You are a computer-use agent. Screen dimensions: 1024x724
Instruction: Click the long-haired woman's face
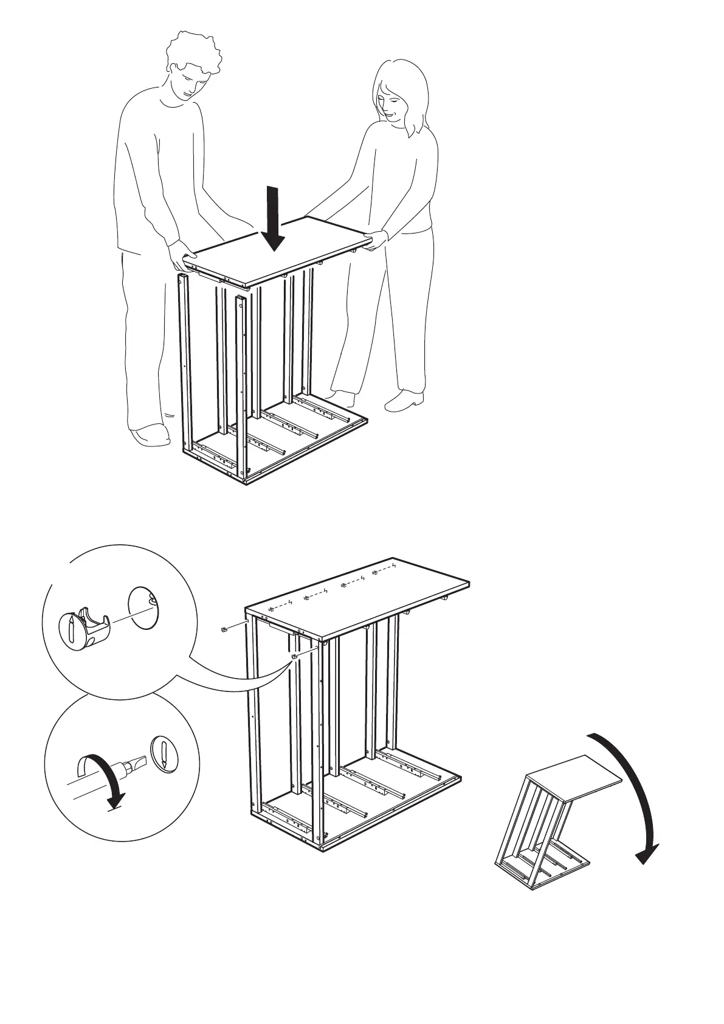pyautogui.click(x=389, y=102)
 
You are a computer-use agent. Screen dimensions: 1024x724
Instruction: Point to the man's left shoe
pyautogui.click(x=150, y=435)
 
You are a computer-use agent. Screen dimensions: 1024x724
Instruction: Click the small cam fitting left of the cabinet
pyautogui.click(x=224, y=629)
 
